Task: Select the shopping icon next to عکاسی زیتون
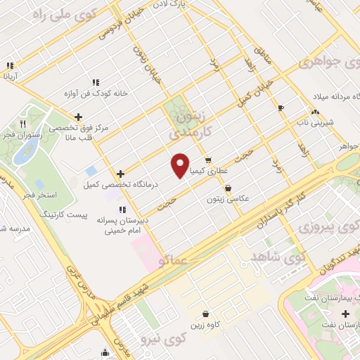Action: (229, 188)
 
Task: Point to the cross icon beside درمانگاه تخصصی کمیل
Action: (122, 173)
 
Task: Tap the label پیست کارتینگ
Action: (63, 212)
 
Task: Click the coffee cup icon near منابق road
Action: (282, 108)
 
